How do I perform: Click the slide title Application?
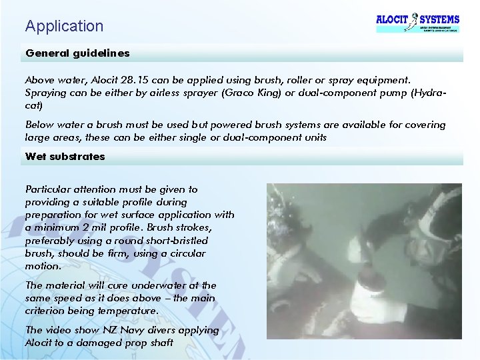[65, 26]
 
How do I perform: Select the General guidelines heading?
[77, 53]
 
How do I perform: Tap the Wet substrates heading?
[65, 157]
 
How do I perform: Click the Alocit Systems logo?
[417, 21]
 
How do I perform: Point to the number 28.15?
[148, 79]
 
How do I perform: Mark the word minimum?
[58, 227]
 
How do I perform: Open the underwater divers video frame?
[363, 261]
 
